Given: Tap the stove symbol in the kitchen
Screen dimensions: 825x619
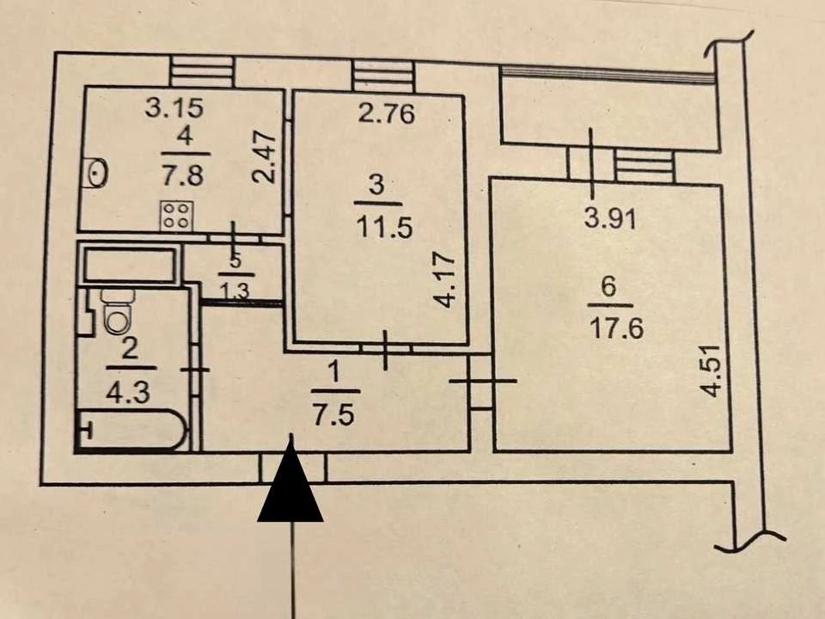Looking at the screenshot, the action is [176, 216].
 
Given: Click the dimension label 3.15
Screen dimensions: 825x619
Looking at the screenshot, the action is [174, 108].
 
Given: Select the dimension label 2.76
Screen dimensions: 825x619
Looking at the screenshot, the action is [387, 113].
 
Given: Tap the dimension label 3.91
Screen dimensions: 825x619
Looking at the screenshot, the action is [610, 218].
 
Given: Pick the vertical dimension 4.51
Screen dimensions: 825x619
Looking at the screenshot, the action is [712, 371].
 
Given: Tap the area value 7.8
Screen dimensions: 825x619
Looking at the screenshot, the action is [182, 175].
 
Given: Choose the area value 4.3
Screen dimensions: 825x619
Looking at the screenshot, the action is [128, 392].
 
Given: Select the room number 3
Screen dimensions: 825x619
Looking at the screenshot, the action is [377, 186].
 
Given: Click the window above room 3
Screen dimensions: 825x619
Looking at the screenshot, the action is [383, 77].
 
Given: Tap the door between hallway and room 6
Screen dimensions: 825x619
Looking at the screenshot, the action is [481, 381].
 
